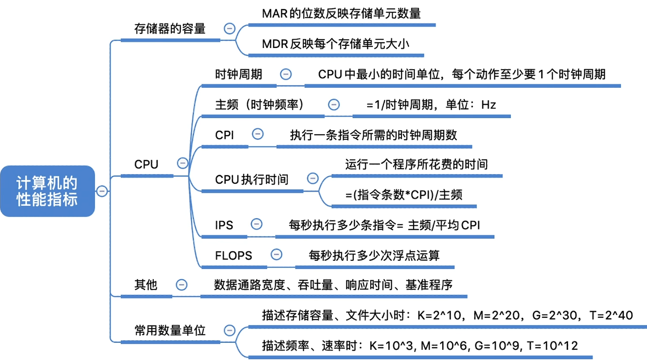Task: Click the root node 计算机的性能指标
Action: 47,191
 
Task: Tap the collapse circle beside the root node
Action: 102,191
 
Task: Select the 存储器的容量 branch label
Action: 170,29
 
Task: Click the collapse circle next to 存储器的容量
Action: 229,29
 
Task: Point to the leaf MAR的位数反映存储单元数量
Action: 341,14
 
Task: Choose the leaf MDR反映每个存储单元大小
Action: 335,44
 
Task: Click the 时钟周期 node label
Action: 238,74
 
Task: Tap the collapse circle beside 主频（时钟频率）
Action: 334,104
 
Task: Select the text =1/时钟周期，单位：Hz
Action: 431,105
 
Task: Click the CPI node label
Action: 224,135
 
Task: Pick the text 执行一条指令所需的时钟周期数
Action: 373,135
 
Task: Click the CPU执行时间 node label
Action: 251,179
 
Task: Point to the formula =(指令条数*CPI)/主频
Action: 404,195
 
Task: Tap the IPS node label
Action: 224,225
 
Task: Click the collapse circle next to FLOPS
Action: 276,254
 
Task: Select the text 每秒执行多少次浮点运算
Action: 374,256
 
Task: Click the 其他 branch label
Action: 145,285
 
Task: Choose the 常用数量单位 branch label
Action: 170,330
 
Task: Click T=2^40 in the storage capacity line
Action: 611,315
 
